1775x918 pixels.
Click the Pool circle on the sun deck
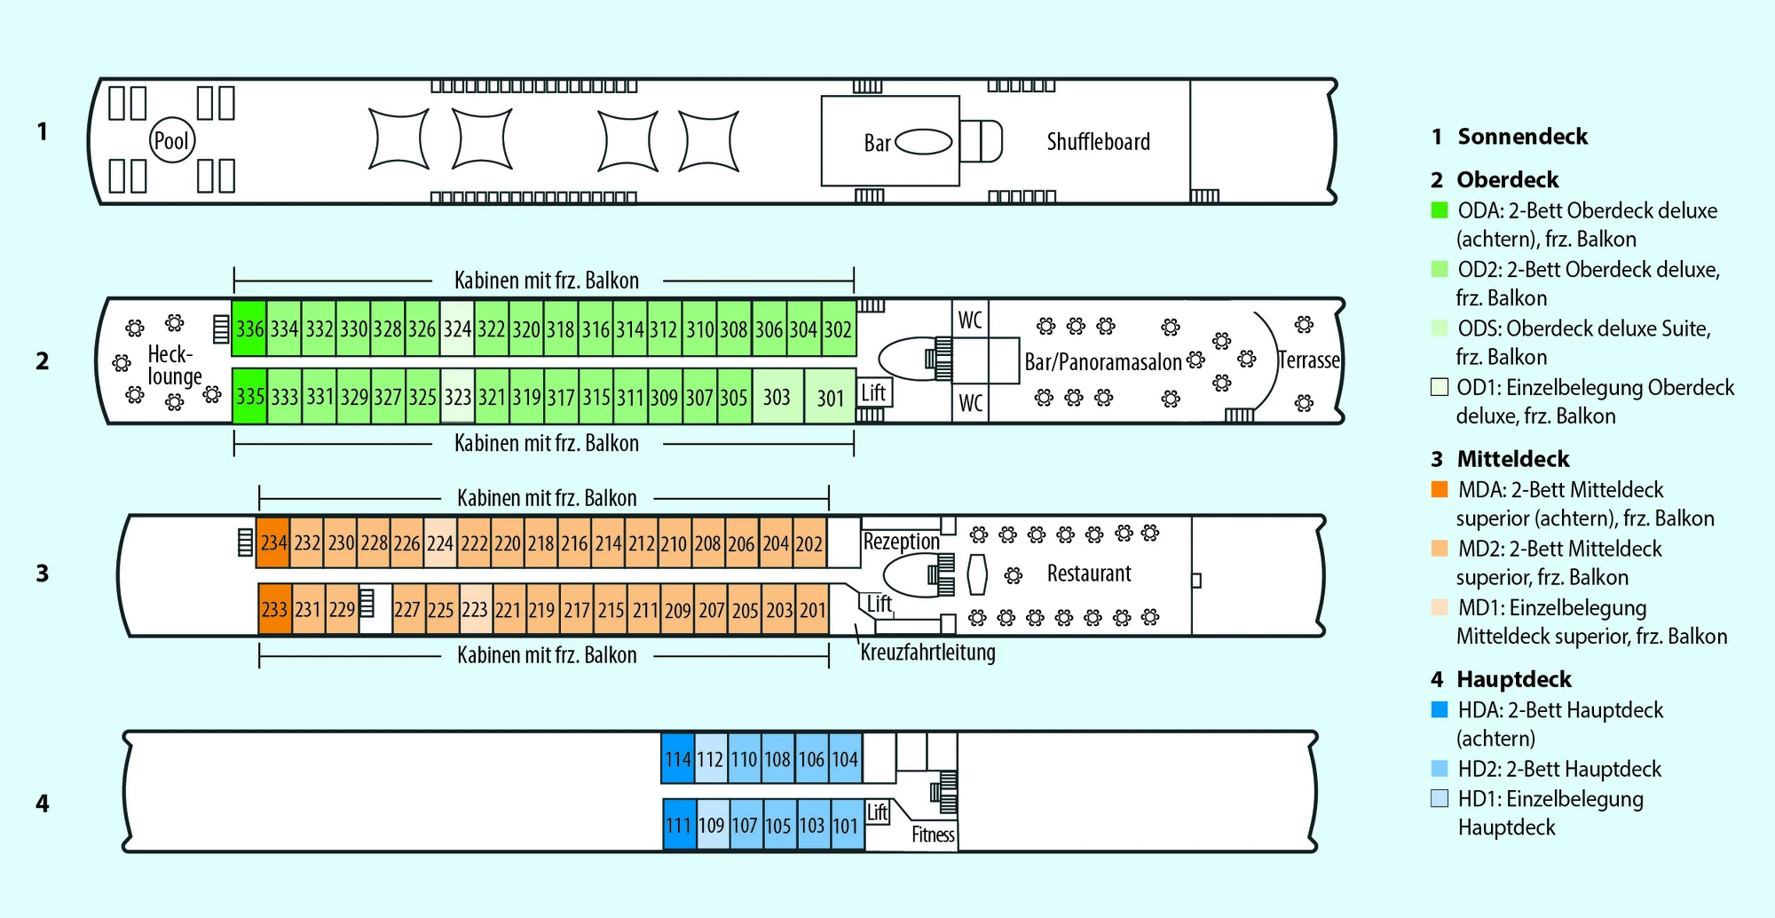point(171,140)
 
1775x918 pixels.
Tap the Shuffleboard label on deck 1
point(1098,142)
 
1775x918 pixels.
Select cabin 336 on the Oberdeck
point(249,328)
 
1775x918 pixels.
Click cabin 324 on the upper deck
point(457,328)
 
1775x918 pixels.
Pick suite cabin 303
point(777,397)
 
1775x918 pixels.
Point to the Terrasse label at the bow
point(1308,360)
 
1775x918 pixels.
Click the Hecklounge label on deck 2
point(174,365)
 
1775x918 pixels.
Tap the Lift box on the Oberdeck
point(873,392)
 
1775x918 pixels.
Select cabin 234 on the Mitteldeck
point(273,542)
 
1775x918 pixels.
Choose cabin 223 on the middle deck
point(474,610)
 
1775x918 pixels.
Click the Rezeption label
point(901,542)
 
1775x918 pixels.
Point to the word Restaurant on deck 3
point(1089,574)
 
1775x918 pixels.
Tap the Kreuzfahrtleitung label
point(927,653)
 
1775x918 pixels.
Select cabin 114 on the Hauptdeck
point(677,759)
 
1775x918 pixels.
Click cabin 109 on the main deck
point(711,826)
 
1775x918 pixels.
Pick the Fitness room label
point(933,835)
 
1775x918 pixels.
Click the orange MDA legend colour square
point(1440,489)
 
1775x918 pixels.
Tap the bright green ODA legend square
point(1440,210)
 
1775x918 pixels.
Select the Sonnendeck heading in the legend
point(1522,137)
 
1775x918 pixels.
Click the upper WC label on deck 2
point(970,320)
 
